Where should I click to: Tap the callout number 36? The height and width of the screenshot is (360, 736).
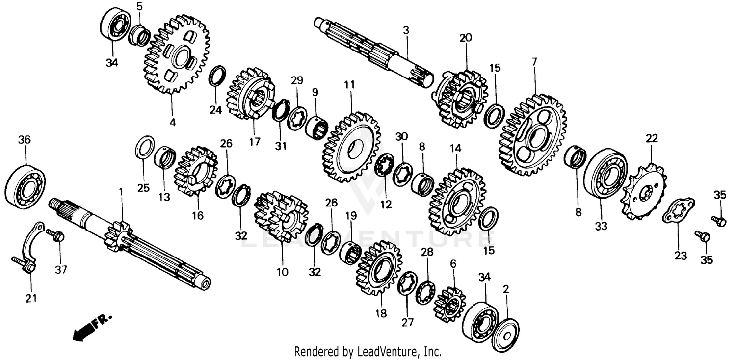pos(24,140)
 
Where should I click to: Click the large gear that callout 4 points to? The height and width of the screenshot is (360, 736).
pos(176,55)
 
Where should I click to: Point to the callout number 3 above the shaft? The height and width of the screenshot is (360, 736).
pos(406,30)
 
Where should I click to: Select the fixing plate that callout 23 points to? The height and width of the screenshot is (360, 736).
pos(678,210)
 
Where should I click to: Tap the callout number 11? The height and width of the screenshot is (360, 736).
pos(349,84)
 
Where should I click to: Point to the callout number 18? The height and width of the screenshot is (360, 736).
pos(381,313)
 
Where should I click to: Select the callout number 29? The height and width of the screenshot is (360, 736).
pos(297,80)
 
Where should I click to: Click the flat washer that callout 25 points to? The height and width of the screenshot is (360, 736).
pos(145,148)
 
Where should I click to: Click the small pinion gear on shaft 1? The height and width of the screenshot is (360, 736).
pos(117,236)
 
